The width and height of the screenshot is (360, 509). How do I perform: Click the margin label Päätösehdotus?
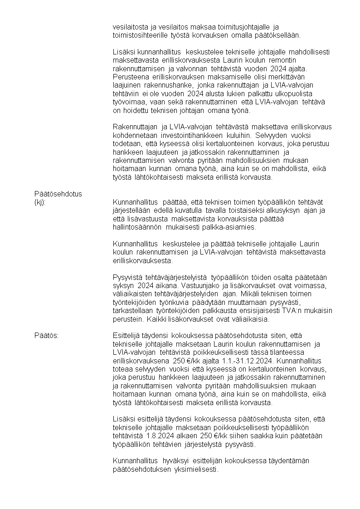(x=58, y=194)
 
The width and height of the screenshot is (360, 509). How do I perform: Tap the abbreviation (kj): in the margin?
(x=40, y=202)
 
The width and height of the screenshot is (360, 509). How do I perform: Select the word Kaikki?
(x=157, y=319)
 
